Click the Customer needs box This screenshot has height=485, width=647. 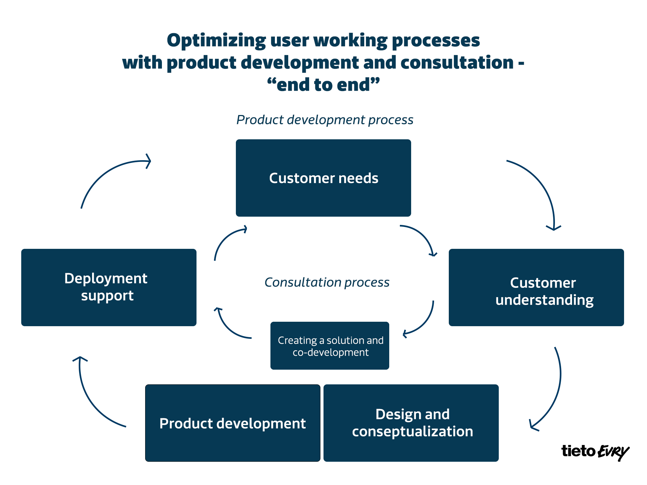[x=323, y=178]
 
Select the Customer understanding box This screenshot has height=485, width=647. [x=536, y=288]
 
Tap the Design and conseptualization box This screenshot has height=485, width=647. [x=411, y=423]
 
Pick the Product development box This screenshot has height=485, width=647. [x=233, y=423]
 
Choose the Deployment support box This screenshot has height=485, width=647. [x=109, y=288]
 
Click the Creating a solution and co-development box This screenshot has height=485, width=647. [x=330, y=346]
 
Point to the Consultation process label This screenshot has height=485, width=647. [x=327, y=282]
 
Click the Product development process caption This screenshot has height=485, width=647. [x=325, y=120]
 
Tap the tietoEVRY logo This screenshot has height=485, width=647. [x=595, y=452]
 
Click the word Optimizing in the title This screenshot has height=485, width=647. [x=216, y=40]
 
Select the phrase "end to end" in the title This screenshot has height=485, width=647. [x=323, y=85]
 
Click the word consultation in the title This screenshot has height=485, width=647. [x=457, y=63]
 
